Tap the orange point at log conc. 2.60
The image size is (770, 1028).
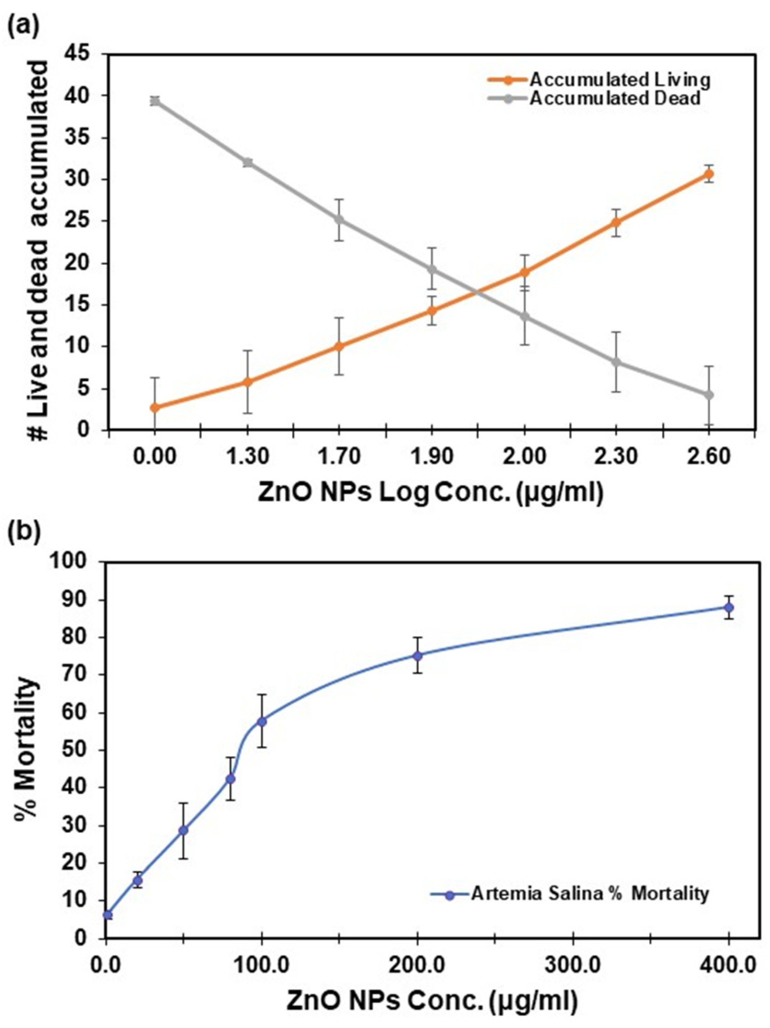pos(708,175)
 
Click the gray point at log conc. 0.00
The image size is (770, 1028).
pos(155,101)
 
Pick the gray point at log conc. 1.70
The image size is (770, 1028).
pos(340,219)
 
